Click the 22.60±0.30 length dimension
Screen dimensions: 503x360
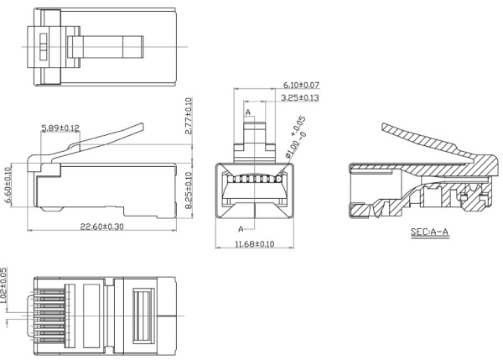click(101, 227)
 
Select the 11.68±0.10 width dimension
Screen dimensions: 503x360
click(255, 244)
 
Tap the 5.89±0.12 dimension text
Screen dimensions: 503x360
click(60, 128)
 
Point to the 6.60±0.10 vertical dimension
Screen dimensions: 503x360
click(8, 185)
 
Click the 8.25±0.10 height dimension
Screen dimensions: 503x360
click(189, 190)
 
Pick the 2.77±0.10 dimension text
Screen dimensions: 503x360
click(189, 116)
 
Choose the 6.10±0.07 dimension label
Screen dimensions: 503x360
click(301, 85)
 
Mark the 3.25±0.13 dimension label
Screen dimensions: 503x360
click(300, 97)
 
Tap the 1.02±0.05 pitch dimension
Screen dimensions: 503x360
click(3, 285)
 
